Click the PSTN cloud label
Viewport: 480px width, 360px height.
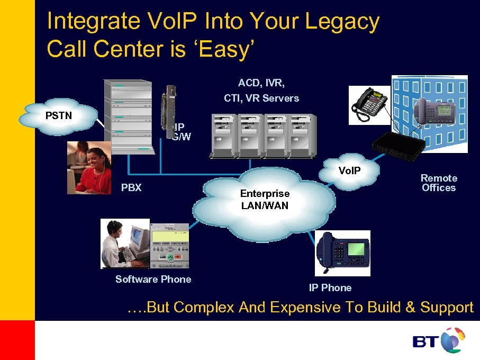tap(59, 116)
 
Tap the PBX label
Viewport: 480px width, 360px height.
tap(131, 187)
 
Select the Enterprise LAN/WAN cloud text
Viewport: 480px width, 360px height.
tap(265, 200)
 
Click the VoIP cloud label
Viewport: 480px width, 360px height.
tap(350, 170)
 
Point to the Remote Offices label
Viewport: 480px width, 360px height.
tap(439, 183)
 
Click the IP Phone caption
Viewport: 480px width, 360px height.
tap(330, 287)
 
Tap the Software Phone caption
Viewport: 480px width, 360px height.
tap(153, 279)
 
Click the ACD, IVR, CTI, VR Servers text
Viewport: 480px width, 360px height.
tap(261, 91)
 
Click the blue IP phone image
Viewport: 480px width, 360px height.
tap(343, 253)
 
